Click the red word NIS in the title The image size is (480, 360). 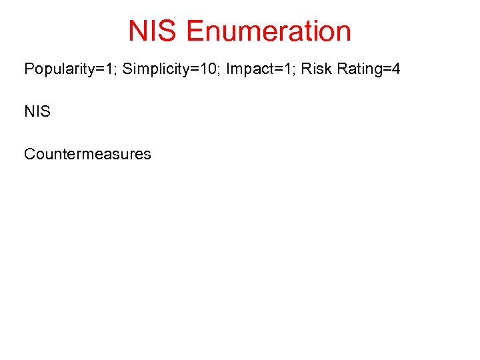pyautogui.click(x=153, y=31)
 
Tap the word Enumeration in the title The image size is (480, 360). pyautogui.click(x=269, y=31)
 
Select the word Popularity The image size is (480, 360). pyautogui.click(x=54, y=69)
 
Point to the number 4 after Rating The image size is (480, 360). pyautogui.click(x=396, y=69)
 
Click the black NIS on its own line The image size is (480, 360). pyautogui.click(x=37, y=111)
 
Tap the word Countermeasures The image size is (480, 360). pyautogui.click(x=87, y=154)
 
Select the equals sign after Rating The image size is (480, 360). pyautogui.click(x=387, y=69)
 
